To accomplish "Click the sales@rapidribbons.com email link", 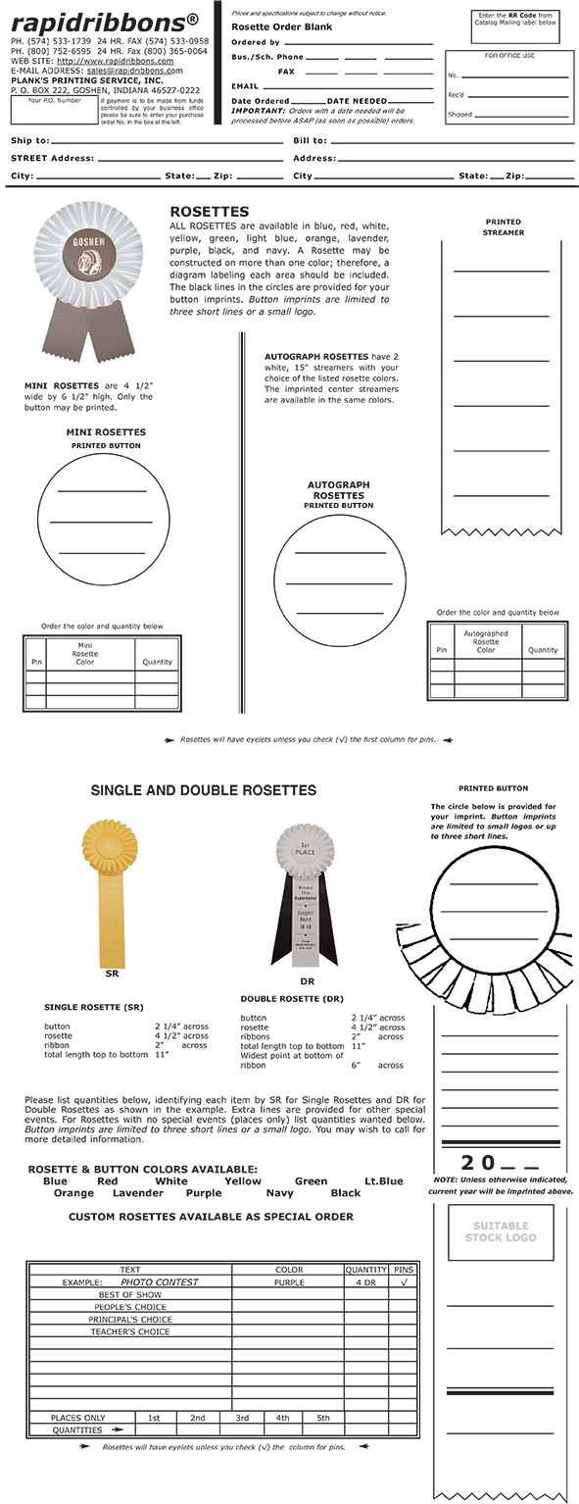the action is click(x=134, y=72).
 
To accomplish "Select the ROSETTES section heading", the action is click(x=209, y=212).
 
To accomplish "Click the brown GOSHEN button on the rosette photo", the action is click(x=89, y=248).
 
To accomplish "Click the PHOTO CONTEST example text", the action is click(x=160, y=1281).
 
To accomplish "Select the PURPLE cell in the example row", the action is click(x=289, y=1281).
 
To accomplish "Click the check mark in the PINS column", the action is click(x=403, y=1281).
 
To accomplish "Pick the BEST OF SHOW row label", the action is click(x=129, y=1294).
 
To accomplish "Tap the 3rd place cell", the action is click(x=242, y=1418).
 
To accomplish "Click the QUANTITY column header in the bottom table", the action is click(x=365, y=1269).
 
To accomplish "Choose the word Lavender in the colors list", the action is click(x=138, y=1193).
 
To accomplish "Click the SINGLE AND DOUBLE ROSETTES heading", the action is click(x=203, y=789).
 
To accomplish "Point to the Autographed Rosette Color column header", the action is click(x=486, y=641).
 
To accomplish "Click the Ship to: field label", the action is click(x=30, y=141).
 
